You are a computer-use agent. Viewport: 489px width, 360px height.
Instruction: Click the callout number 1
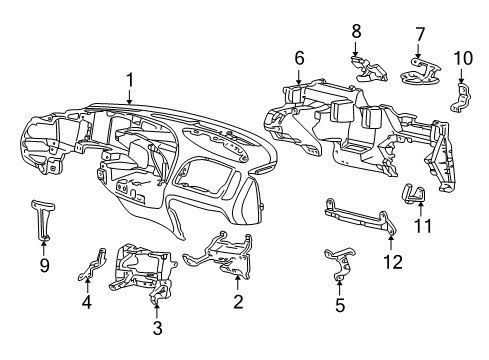[x=129, y=80]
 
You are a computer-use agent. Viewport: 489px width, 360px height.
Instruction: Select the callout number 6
[x=299, y=58]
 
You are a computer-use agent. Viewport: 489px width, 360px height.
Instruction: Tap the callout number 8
[x=356, y=32]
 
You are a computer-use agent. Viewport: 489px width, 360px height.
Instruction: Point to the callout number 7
[x=420, y=35]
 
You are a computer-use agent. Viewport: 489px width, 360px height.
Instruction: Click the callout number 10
[x=463, y=58]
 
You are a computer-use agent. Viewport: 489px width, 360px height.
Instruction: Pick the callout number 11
[x=423, y=225]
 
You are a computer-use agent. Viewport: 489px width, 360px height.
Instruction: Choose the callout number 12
[x=393, y=261]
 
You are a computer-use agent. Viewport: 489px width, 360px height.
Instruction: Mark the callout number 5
[x=340, y=305]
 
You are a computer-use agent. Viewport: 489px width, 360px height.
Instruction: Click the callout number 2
[x=238, y=302]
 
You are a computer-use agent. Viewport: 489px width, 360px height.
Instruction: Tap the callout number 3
[x=157, y=327]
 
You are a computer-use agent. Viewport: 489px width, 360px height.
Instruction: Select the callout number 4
[x=87, y=302]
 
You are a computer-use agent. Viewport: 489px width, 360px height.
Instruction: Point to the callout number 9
[x=44, y=265]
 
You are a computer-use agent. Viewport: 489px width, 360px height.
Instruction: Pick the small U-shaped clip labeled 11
[x=414, y=193]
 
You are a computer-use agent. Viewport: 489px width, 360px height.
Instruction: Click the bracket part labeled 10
[x=461, y=98]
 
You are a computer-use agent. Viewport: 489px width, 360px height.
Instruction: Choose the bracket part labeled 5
[x=340, y=263]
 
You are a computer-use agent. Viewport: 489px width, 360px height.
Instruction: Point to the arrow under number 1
[x=129, y=97]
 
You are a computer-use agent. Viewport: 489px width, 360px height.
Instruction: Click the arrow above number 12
[x=391, y=243]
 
